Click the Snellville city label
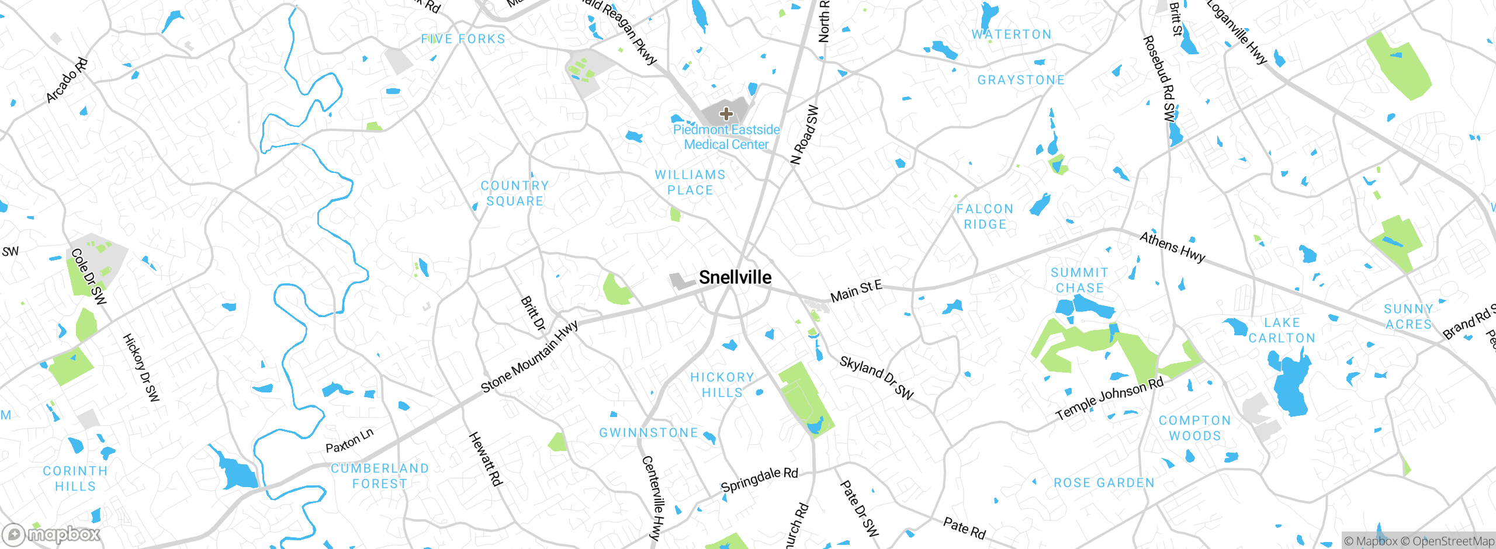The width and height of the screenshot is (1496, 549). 735,277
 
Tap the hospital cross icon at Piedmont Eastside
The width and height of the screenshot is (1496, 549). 726,113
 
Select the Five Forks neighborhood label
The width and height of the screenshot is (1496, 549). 463,39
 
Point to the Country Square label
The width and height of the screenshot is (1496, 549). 515,193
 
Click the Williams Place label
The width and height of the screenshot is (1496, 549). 690,182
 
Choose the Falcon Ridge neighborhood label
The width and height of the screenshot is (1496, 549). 985,217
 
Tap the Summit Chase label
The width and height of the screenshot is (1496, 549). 1079,280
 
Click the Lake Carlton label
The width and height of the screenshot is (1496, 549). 1282,331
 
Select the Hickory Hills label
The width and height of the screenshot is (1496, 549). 722,385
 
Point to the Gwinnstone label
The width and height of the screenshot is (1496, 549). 649,433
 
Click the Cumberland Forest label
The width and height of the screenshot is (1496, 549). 380,476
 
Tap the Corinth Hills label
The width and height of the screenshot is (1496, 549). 75,478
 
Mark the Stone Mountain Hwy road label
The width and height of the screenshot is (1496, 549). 529,357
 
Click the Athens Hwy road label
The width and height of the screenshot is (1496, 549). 1172,248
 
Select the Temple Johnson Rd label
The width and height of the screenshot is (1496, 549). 1110,399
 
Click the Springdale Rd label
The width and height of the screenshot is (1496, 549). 759,479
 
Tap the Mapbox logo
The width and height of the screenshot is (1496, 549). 51,534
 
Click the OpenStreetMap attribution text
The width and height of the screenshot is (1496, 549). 1453,541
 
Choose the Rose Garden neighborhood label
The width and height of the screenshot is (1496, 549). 1104,483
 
